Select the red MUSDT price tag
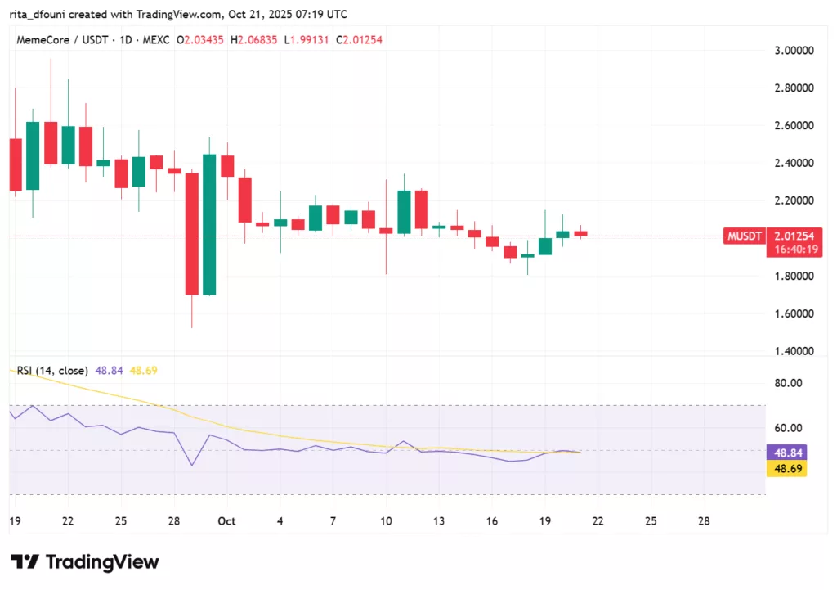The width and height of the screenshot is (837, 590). coord(745,236)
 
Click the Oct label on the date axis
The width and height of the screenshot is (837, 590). coord(228,521)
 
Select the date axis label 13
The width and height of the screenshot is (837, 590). coord(440,521)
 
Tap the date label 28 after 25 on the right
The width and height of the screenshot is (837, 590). coord(704,521)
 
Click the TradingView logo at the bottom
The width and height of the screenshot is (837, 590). coord(85,562)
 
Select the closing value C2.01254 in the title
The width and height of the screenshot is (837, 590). coord(365,40)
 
